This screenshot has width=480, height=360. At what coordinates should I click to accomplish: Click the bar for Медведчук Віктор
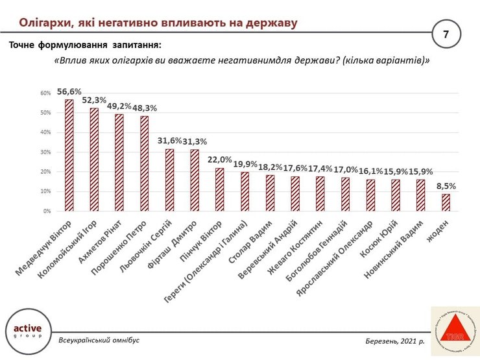(69, 156)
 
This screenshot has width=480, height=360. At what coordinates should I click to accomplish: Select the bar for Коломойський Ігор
(94, 160)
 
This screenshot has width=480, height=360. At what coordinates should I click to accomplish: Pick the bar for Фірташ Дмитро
(194, 180)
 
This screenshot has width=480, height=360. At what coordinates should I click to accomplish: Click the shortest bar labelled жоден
(446, 202)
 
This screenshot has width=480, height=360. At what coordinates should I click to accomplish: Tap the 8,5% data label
(446, 186)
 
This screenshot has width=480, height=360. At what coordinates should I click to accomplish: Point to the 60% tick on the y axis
(46, 93)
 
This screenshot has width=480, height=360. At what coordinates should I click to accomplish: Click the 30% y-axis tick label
(46, 152)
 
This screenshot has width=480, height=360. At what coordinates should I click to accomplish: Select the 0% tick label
(47, 211)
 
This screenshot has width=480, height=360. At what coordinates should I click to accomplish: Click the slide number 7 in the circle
(446, 34)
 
